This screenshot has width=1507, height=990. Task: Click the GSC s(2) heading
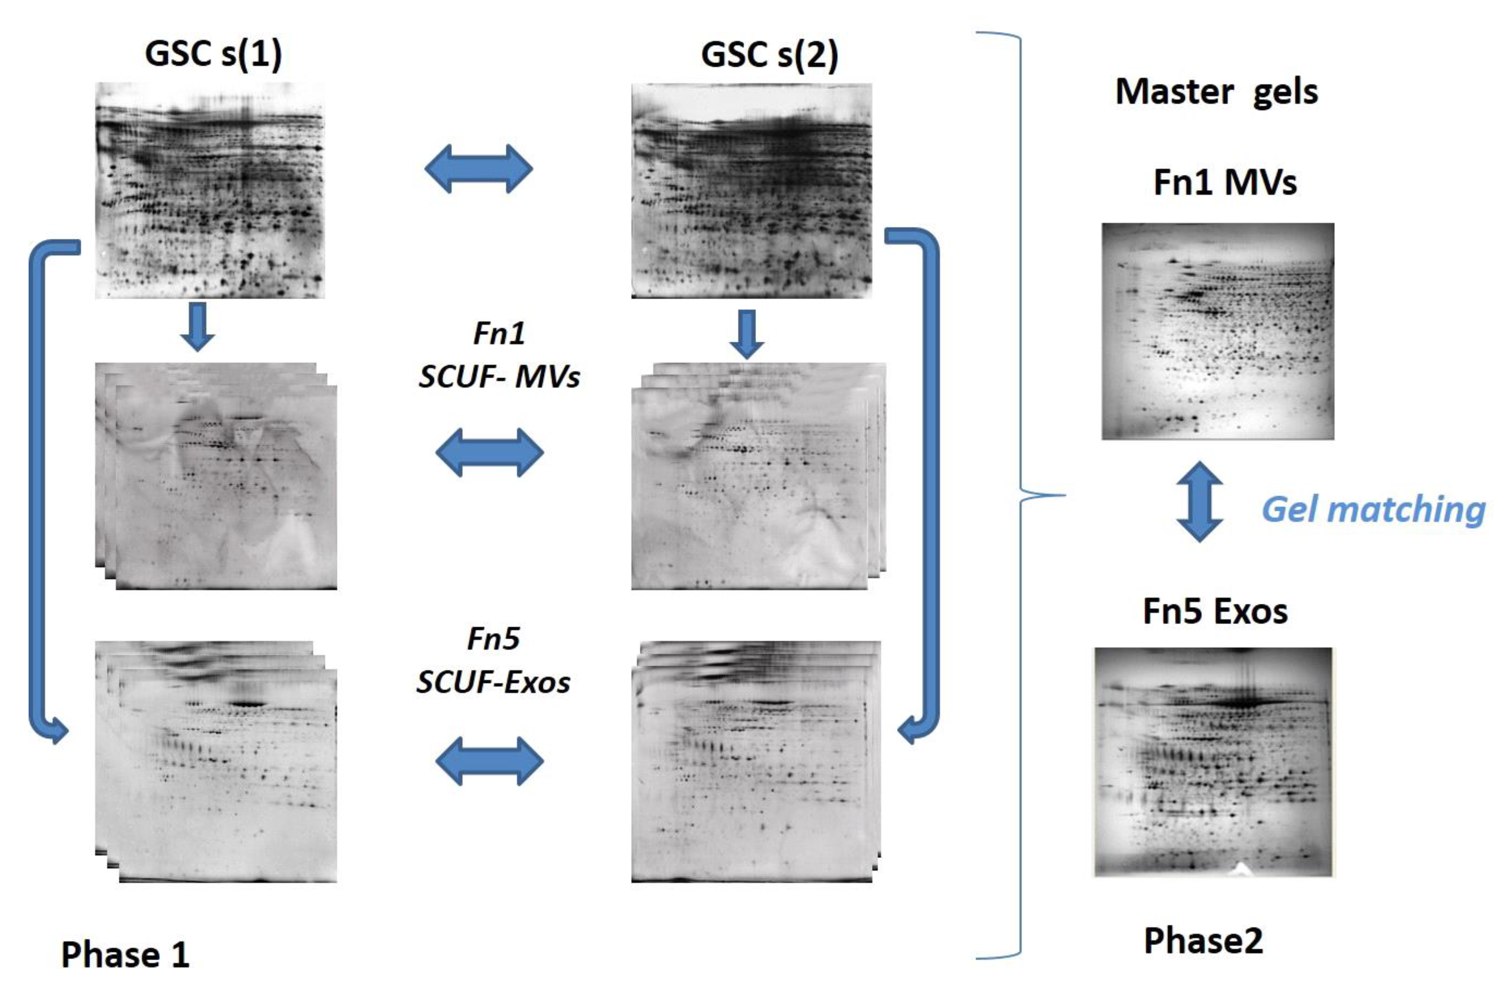tap(769, 55)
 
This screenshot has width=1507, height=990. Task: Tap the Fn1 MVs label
tap(1225, 183)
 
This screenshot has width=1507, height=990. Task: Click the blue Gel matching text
tap(1373, 510)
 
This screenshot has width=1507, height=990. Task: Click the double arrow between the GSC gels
tap(479, 169)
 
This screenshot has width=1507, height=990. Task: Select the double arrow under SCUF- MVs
tap(489, 452)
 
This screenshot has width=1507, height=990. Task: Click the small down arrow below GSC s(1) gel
tap(197, 326)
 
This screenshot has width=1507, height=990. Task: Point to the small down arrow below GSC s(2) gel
tap(747, 334)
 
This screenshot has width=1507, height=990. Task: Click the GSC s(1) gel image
tap(210, 190)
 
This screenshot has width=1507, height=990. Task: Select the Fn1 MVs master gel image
tap(1218, 331)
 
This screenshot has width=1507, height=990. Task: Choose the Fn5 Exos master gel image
tap(1213, 762)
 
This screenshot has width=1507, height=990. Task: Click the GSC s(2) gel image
tap(752, 190)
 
